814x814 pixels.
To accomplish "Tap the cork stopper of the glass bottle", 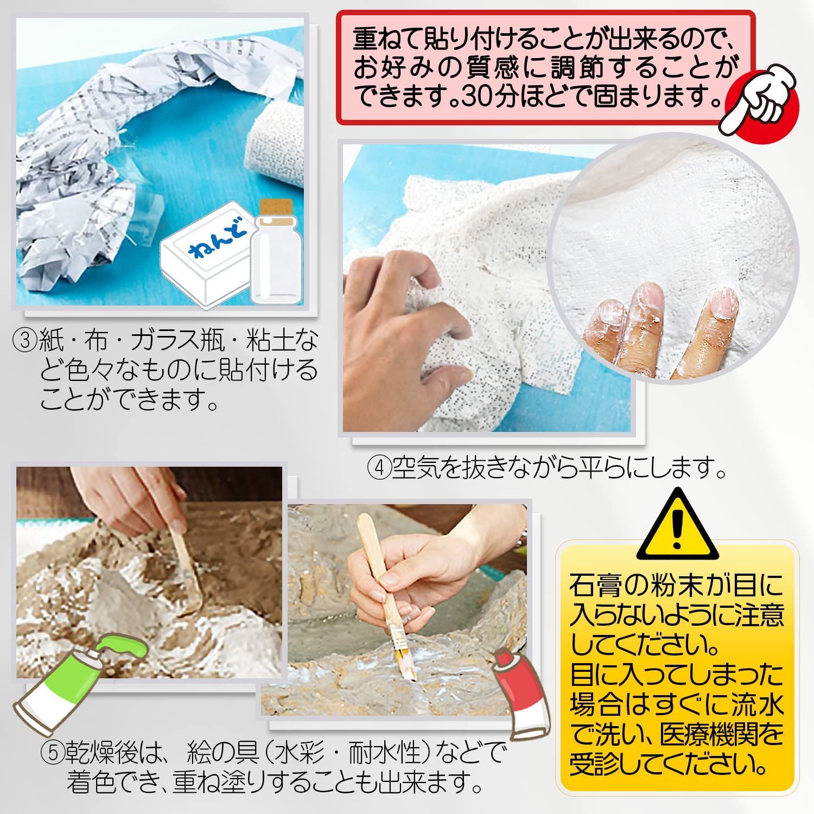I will [276, 209].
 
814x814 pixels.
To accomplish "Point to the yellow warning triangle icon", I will [677, 524].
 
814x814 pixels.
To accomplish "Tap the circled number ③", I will [24, 341].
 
